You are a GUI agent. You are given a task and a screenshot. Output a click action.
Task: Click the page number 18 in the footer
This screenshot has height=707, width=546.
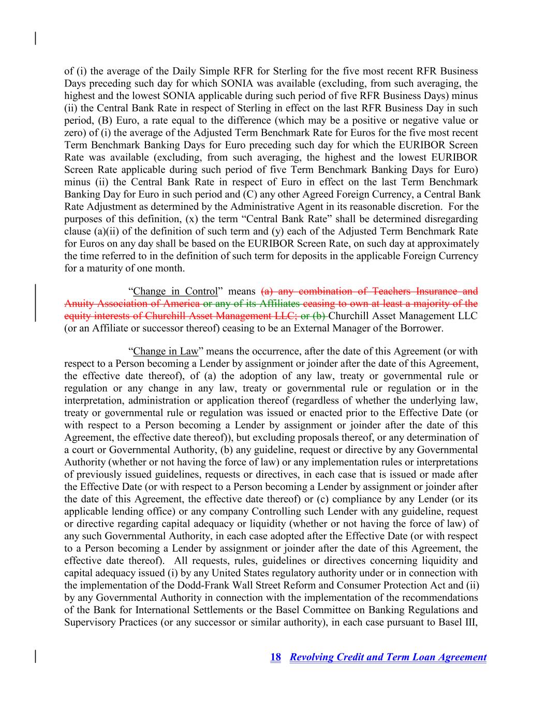pyautogui.click(x=275, y=657)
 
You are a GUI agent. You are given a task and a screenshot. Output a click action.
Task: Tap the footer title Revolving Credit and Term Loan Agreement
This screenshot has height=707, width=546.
pyautogui.click(x=388, y=657)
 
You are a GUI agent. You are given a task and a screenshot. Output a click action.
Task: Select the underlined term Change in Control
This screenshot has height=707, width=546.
pyautogui.click(x=175, y=291)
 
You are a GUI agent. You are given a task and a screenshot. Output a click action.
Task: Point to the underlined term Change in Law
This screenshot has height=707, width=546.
pyautogui.click(x=166, y=352)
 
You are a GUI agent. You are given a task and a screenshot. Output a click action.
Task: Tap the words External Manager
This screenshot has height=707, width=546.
pyautogui.click(x=331, y=328)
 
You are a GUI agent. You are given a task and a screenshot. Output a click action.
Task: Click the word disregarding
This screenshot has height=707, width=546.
pyautogui.click(x=452, y=219)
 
